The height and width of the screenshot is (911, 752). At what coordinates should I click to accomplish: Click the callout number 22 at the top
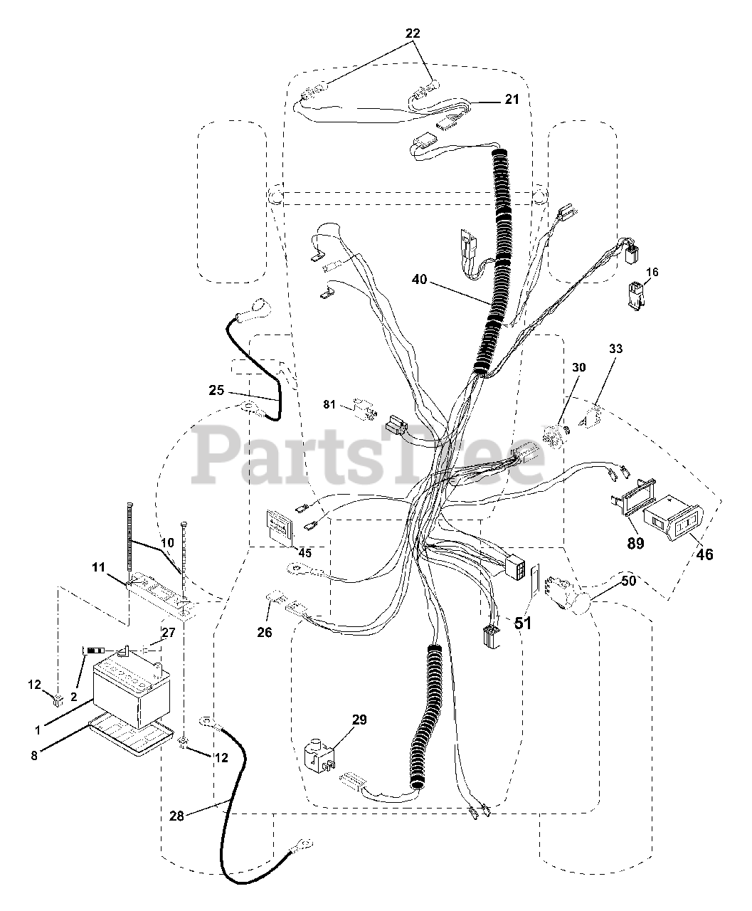point(413,33)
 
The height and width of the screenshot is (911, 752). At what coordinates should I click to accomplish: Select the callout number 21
point(512,100)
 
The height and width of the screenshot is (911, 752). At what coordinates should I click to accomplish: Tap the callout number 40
point(419,280)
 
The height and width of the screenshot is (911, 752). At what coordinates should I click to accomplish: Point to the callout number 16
point(652,273)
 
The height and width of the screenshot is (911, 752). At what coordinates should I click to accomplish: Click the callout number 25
point(216,390)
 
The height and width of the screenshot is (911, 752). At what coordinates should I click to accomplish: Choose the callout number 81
point(329,405)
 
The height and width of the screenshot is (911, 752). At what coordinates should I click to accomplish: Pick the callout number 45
point(305,553)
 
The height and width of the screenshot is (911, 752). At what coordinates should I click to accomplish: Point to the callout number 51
point(523,623)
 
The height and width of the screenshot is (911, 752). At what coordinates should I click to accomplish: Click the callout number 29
point(359,720)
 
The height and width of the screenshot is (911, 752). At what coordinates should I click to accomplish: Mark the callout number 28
point(176,816)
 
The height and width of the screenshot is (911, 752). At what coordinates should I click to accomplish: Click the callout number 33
point(615,349)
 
